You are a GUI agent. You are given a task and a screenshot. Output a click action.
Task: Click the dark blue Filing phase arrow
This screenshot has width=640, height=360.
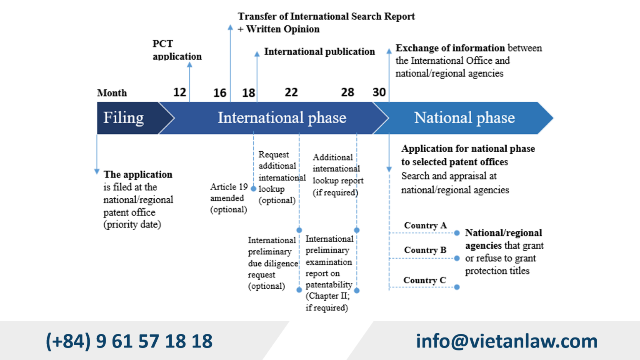tap(125, 118)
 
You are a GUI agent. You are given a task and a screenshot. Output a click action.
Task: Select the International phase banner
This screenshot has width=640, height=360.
tap(282, 118)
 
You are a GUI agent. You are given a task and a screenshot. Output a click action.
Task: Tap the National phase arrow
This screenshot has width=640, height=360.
tap(464, 118)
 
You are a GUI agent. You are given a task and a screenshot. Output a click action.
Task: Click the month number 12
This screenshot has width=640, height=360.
tap(180, 92)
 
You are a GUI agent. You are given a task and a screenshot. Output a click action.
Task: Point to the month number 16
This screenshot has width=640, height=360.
tap(220, 92)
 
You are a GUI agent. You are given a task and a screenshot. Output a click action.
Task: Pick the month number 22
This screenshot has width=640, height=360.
tap(291, 92)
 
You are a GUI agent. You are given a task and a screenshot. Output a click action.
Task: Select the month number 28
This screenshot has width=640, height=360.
tap(347, 92)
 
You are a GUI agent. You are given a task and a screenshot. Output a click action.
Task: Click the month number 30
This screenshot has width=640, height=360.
tap(379, 92)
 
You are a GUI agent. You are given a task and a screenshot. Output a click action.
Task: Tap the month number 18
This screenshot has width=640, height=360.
tap(249, 92)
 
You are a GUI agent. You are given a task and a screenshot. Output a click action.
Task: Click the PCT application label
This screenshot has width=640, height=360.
tap(177, 50)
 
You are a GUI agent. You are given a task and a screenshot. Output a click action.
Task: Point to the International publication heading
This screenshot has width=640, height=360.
tap(319, 52)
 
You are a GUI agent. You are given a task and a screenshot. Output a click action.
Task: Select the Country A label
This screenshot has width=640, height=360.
tap(425, 225)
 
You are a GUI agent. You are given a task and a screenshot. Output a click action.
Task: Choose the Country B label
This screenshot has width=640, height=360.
tap(425, 250)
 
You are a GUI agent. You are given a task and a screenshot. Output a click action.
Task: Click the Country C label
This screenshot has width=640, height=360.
tap(425, 280)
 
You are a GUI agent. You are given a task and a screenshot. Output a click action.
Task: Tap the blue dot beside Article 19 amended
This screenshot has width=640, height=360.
tap(253, 189)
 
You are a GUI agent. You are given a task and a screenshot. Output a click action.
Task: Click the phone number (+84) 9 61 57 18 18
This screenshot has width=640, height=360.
tap(129, 341)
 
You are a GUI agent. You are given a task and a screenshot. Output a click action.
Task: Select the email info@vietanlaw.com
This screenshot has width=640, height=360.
tap(506, 341)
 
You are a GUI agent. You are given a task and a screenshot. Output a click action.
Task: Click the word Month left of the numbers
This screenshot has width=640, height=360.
tap(112, 93)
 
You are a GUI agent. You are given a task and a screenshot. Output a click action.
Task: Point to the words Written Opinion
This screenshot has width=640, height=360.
tap(283, 29)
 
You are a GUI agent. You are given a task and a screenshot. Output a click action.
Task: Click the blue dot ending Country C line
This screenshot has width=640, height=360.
tap(457, 287)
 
